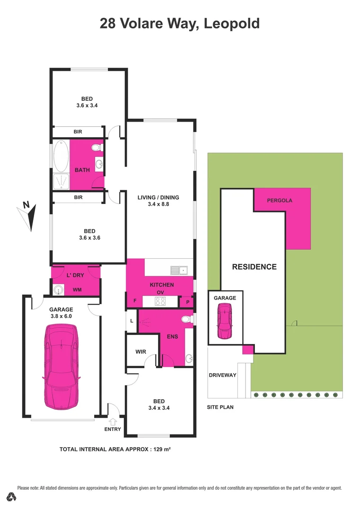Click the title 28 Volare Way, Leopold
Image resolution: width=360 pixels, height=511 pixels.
click(x=179, y=23)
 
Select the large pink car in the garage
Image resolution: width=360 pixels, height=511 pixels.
click(x=61, y=366)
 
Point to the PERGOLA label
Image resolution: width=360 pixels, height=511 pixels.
click(x=280, y=200)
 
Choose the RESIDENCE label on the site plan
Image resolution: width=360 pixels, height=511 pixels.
click(x=254, y=267)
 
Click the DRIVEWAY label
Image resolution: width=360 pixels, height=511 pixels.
click(x=222, y=375)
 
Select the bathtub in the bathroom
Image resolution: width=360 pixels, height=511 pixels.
click(x=61, y=157)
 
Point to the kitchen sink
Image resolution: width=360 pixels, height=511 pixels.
click(x=180, y=271)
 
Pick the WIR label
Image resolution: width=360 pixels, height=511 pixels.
click(x=140, y=352)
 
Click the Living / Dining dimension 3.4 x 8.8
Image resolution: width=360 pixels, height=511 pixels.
click(x=158, y=205)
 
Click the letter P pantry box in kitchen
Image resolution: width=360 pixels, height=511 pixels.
click(x=188, y=302)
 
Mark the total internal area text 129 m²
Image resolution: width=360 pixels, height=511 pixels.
click(x=114, y=449)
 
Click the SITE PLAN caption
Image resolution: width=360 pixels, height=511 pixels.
click(x=220, y=407)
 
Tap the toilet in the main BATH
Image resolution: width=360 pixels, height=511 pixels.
click(x=97, y=148)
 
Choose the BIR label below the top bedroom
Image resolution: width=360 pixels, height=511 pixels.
click(x=78, y=132)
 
